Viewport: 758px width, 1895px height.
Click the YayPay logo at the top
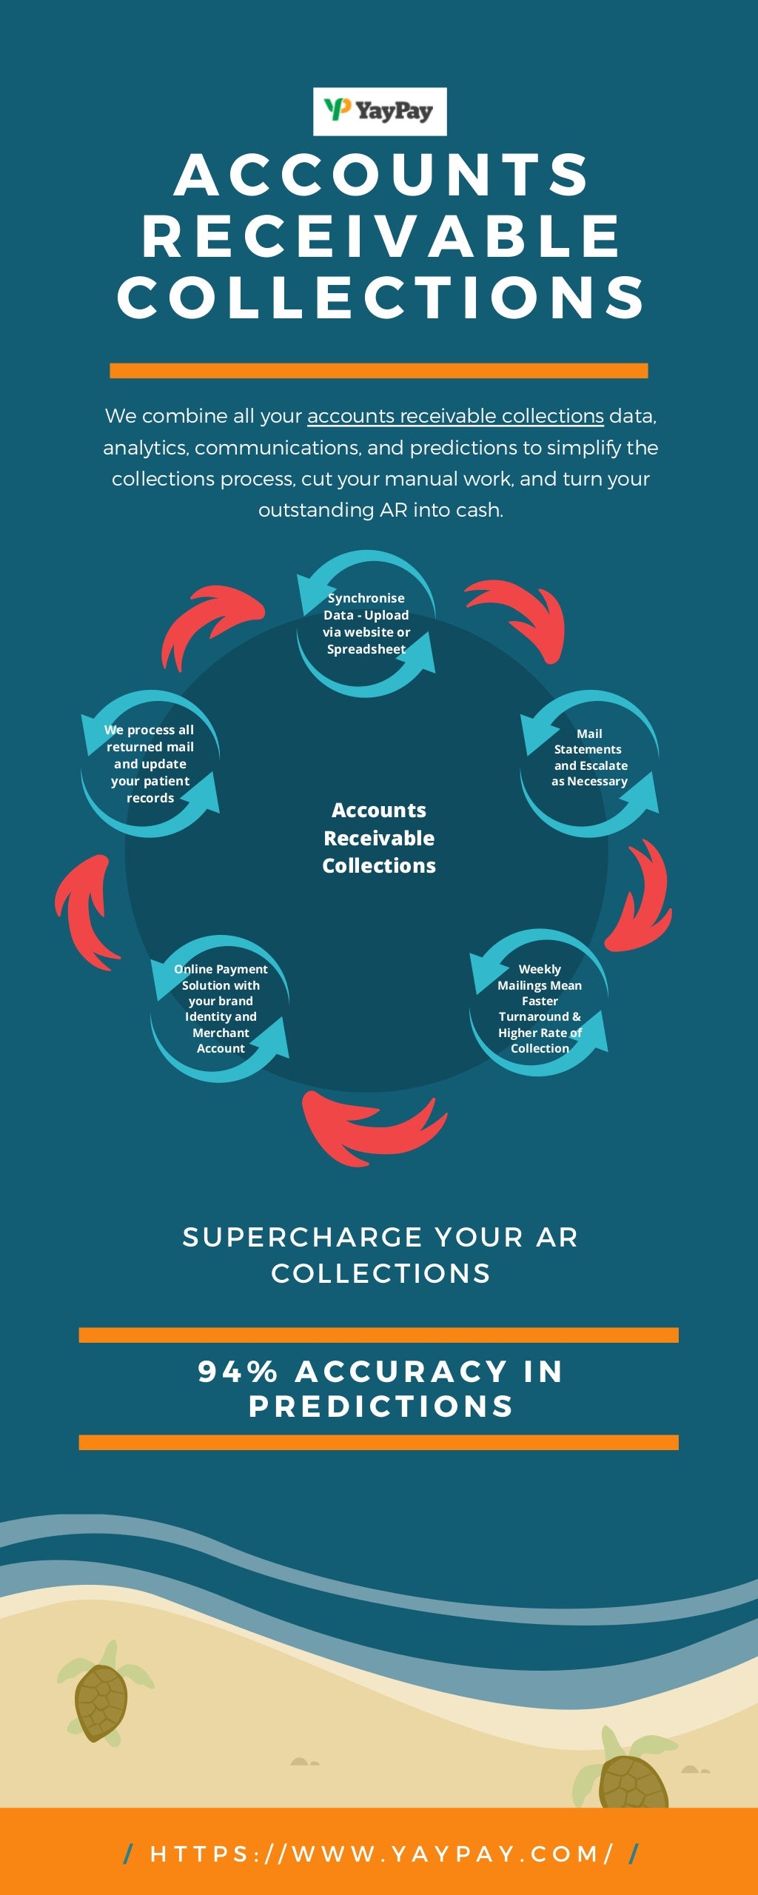[x=380, y=112]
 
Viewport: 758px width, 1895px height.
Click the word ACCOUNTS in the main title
[x=381, y=175]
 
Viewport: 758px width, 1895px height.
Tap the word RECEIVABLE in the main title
[x=381, y=237]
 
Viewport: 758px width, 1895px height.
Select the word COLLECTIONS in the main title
[x=381, y=298]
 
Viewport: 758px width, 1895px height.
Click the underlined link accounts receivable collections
[x=455, y=416]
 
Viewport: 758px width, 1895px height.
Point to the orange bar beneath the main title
[x=378, y=371]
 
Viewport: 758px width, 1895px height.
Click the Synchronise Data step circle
[x=366, y=623]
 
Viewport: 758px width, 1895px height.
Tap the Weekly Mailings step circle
[x=540, y=1003]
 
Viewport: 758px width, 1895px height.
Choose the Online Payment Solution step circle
[x=220, y=1008]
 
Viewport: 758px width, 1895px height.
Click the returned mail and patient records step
[x=150, y=763]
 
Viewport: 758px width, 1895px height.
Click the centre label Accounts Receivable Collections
[x=379, y=838]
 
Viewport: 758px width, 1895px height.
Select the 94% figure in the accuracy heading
[x=237, y=1372]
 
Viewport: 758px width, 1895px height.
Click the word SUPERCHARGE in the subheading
[x=303, y=1237]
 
